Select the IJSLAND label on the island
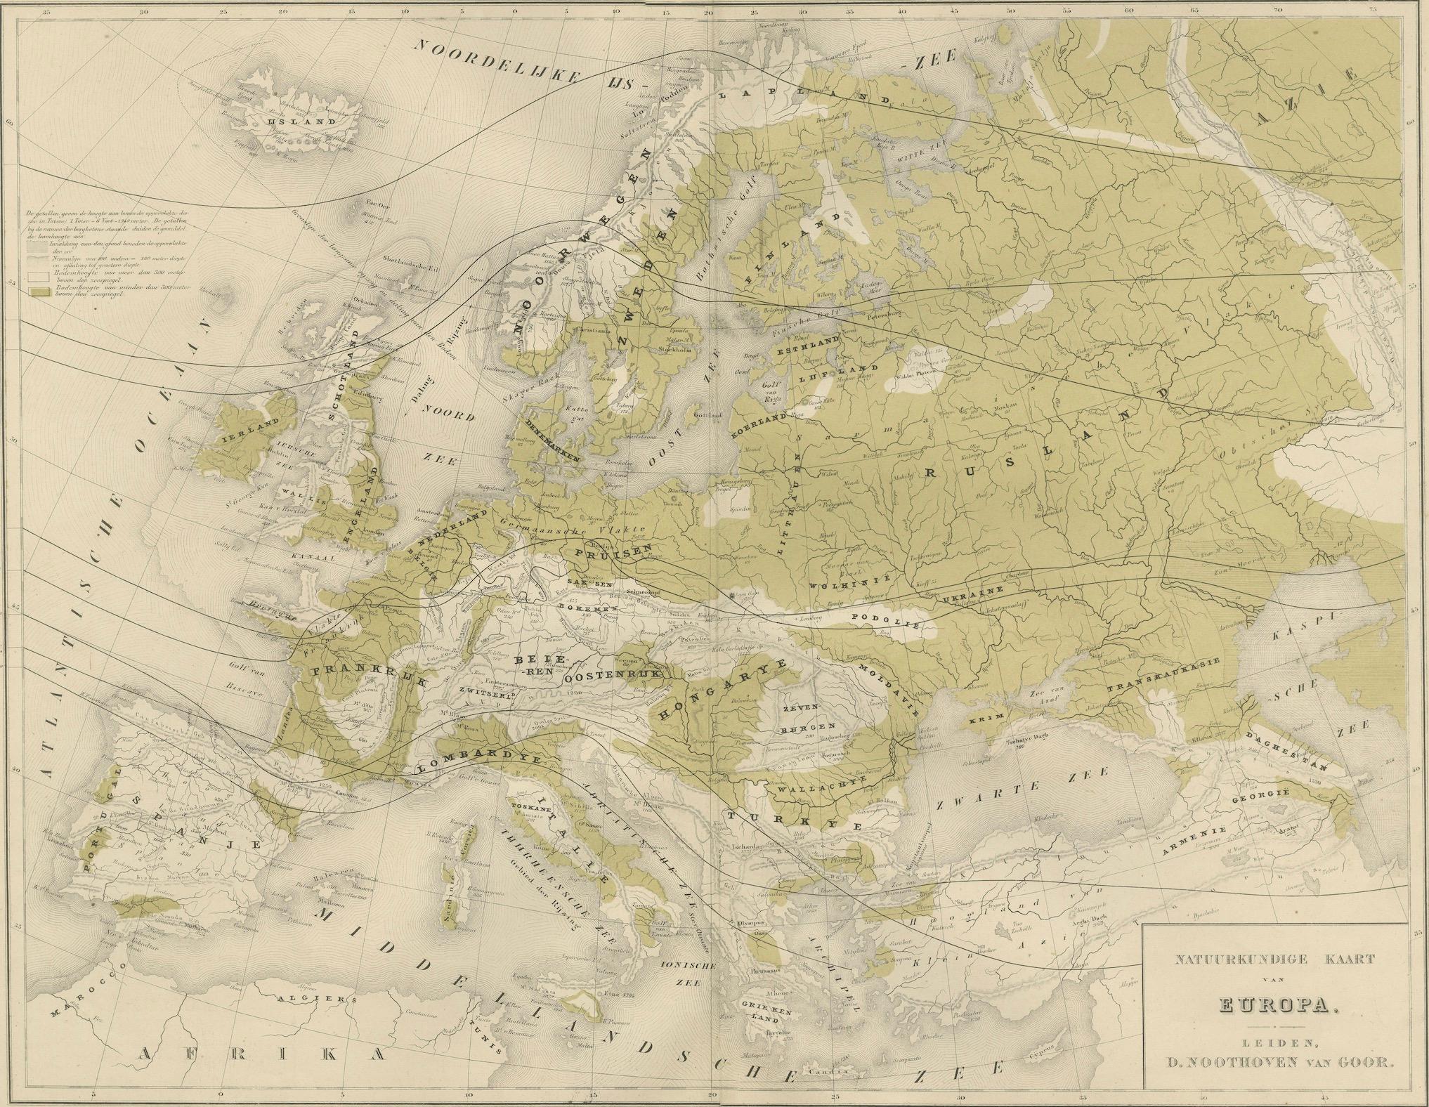coord(292,121)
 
